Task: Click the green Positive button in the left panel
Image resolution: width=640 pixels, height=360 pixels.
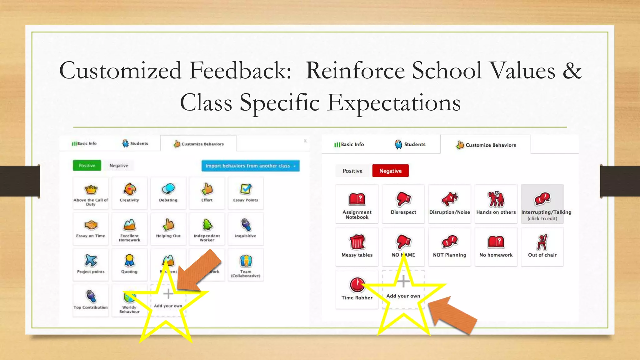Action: [87, 165]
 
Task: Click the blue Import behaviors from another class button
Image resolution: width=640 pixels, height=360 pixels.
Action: [250, 166]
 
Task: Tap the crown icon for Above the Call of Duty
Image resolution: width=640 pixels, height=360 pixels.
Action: [91, 189]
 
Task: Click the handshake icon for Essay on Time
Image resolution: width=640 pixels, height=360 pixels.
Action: [91, 225]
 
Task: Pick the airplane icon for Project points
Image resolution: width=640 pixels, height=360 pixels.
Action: [91, 260]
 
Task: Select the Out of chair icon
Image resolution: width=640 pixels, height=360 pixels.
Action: [542, 242]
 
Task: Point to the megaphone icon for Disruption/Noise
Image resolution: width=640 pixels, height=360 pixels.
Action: [449, 199]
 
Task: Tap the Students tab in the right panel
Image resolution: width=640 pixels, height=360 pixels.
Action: [410, 144]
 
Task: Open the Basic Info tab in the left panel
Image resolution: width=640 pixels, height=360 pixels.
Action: [84, 143]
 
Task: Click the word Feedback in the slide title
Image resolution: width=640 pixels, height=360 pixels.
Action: [240, 71]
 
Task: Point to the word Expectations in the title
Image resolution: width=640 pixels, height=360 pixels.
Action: [394, 103]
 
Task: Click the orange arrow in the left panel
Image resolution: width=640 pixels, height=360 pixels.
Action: [200, 270]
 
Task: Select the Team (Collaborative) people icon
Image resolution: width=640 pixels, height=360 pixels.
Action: [246, 261]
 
